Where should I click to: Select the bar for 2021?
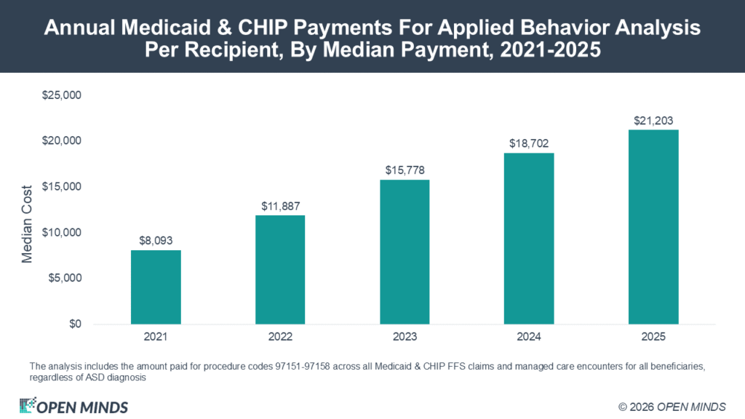[x=156, y=287]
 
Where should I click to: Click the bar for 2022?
[x=280, y=270]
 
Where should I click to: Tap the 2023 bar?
[x=405, y=252]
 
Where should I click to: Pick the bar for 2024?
[x=529, y=239]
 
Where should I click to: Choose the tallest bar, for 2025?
[x=653, y=227]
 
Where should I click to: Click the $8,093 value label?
[x=156, y=241]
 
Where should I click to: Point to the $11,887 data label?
[x=281, y=206]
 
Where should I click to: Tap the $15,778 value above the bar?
[x=405, y=170]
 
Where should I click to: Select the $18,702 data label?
[x=529, y=143]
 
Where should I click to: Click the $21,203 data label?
[x=653, y=121]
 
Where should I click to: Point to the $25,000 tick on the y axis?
[x=62, y=95]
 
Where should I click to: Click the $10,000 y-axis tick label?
[x=62, y=232]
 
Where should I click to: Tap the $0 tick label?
[x=76, y=324]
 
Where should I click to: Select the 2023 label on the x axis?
[x=405, y=337]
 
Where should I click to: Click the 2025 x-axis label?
[x=653, y=337]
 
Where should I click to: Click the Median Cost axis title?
[x=27, y=224]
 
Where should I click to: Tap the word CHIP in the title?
[x=263, y=28]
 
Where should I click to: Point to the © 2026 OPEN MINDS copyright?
[x=672, y=407]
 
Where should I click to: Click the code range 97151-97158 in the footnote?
[x=302, y=367]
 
